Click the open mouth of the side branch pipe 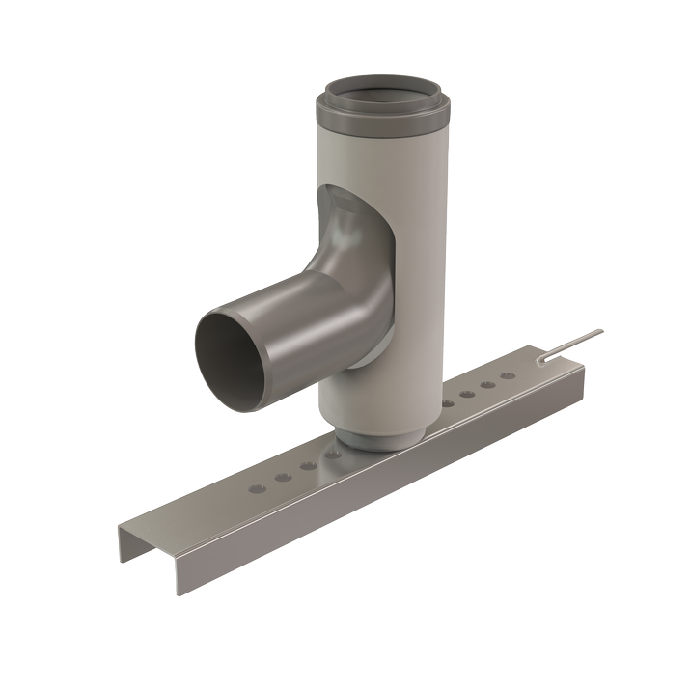tap(231, 356)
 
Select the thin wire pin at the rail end tap(569, 345)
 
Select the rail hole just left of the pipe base tap(334, 454)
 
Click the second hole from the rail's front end tap(283, 477)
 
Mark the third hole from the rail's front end tap(308, 465)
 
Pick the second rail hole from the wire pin tap(489, 383)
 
